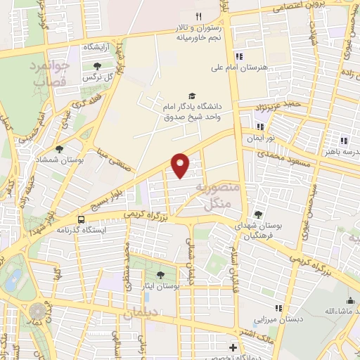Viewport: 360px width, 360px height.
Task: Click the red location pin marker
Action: (181, 165)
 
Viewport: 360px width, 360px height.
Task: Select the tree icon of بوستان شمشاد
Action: (58, 149)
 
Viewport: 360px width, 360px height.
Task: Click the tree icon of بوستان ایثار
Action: (161, 275)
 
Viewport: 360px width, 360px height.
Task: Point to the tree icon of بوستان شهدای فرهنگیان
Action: (259, 214)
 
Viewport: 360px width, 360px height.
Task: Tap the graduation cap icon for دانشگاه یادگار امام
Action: (192, 96)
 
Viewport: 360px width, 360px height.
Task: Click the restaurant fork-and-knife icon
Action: (199, 15)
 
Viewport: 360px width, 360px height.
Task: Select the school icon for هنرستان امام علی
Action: (239, 57)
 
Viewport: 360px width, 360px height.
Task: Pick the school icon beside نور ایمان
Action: (260, 127)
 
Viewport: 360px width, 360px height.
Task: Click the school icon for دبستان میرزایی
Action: (279, 308)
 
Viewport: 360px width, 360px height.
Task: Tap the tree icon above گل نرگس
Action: (97, 67)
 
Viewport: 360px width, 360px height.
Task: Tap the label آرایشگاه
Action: (100, 46)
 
